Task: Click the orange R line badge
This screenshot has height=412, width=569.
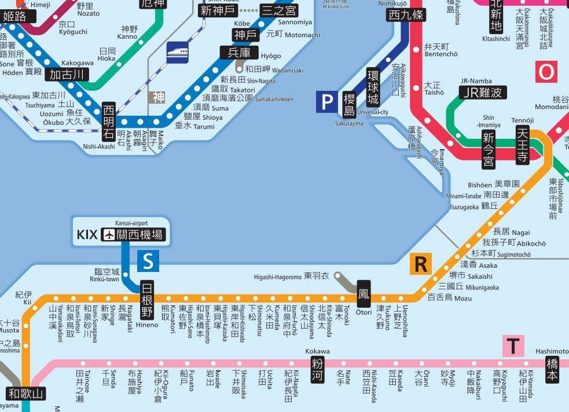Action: coord(421,264)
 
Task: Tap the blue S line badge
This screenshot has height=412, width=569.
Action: coord(148,261)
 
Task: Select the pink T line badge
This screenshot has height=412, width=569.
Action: coord(513,346)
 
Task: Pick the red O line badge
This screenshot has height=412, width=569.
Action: coord(546,72)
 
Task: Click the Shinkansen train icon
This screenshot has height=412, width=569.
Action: coord(177,52)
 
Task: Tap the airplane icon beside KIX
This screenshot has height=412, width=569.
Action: coord(108,235)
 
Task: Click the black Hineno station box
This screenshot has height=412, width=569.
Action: coord(148,300)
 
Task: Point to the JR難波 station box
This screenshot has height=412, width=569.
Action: coord(483,93)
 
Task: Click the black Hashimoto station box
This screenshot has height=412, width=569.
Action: coord(552,369)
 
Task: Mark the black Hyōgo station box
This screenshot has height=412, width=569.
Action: coord(238,53)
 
